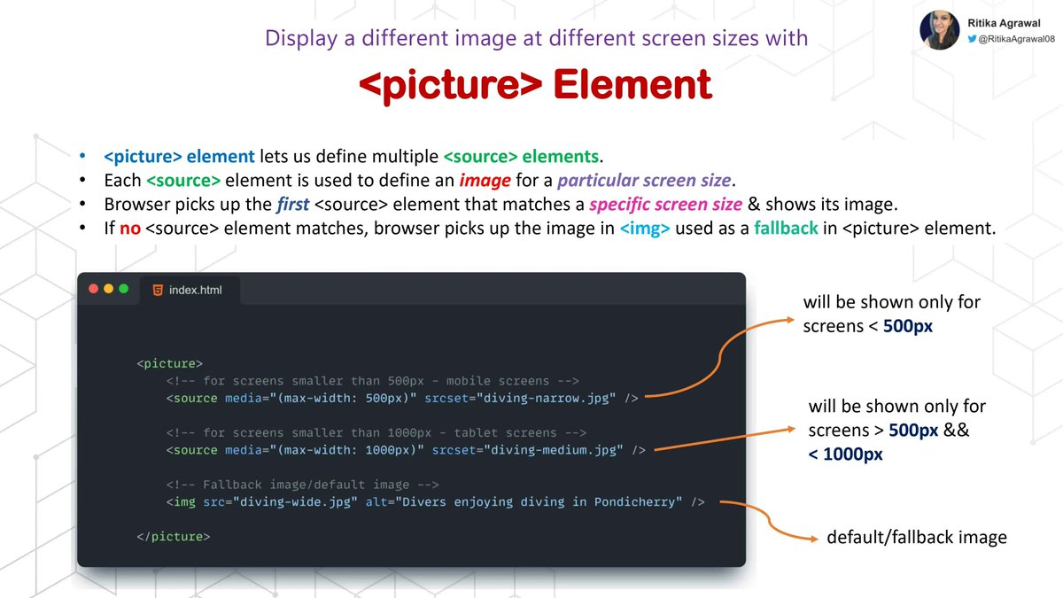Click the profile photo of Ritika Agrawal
[940, 30]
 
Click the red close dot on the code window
[93, 289]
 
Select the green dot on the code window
[124, 289]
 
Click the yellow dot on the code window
[109, 289]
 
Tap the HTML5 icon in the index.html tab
[158, 290]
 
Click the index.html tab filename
[196, 290]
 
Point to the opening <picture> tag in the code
[170, 363]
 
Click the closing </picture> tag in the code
[174, 537]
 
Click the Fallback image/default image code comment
[302, 485]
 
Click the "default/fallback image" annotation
[917, 538]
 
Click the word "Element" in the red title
[632, 85]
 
